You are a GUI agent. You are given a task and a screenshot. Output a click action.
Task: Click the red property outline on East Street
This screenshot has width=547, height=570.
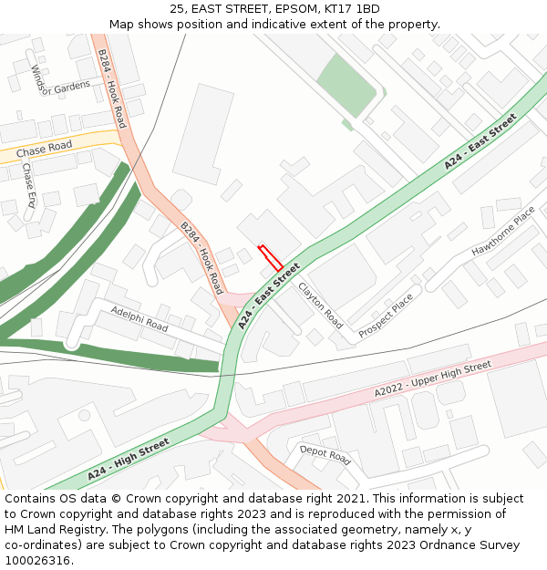pyautogui.click(x=270, y=257)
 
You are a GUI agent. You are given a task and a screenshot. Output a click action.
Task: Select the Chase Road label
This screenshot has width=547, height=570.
pyautogui.click(x=44, y=147)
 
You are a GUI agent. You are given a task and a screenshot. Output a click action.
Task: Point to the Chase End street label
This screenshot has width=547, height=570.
pyautogui.click(x=29, y=185)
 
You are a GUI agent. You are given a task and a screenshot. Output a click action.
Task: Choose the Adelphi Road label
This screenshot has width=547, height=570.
pyautogui.click(x=139, y=318)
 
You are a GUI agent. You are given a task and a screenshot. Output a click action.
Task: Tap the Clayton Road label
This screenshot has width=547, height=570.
pyautogui.click(x=320, y=305)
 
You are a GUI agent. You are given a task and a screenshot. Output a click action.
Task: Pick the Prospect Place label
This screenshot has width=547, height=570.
pyautogui.click(x=386, y=316)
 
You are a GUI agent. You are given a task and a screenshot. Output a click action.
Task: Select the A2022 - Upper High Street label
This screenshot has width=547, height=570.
pyautogui.click(x=433, y=379)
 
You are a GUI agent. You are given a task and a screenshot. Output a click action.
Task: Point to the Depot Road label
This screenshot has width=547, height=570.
pyautogui.click(x=325, y=453)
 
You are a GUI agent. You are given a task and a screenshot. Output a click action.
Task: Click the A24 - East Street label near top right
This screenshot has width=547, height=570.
pyautogui.click(x=480, y=141)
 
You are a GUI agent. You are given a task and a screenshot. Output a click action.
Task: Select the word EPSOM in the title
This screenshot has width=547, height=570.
pyautogui.click(x=271, y=9)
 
